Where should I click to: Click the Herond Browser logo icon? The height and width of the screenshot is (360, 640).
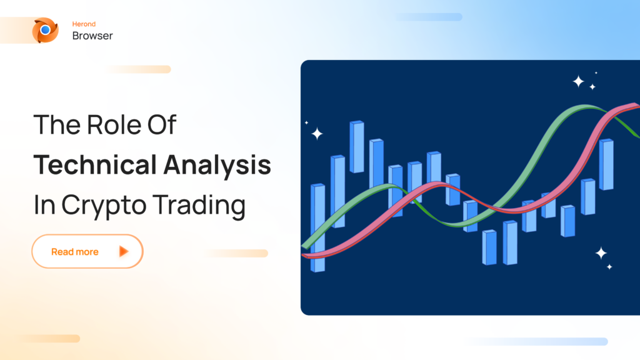pyautogui.click(x=45, y=30)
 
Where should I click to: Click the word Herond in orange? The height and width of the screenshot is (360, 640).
pyautogui.click(x=84, y=24)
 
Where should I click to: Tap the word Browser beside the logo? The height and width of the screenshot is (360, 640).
pyautogui.click(x=92, y=36)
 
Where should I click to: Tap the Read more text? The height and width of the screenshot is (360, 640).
pyautogui.click(x=74, y=252)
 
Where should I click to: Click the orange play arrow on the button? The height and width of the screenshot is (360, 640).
pyautogui.click(x=124, y=251)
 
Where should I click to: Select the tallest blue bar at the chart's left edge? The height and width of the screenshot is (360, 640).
pyautogui.click(x=317, y=227)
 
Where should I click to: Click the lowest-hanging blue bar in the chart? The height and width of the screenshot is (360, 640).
pyautogui.click(x=489, y=247)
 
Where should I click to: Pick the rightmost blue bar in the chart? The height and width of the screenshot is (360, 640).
pyautogui.click(x=606, y=164)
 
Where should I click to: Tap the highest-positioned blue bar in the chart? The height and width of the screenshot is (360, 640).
pyautogui.click(x=356, y=146)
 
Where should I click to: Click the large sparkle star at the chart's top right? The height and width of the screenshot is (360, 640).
pyautogui.click(x=579, y=81)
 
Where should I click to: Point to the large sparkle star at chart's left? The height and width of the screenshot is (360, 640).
pyautogui.click(x=317, y=133)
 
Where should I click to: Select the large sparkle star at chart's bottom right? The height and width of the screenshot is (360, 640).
pyautogui.click(x=601, y=252)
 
